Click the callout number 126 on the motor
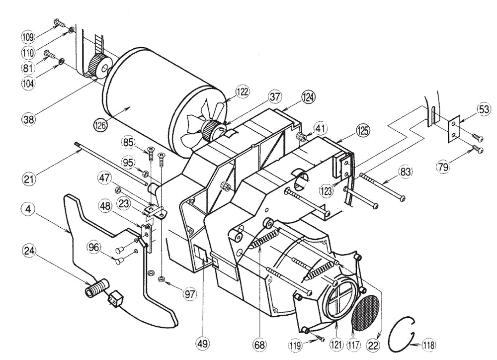pos(101,125)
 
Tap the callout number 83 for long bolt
pos(405,172)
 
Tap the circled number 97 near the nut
pos(189,294)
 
